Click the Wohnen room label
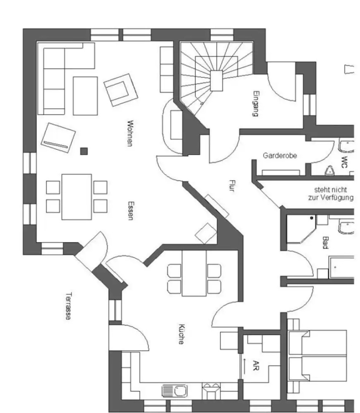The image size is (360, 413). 130,133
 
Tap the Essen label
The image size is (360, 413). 131,211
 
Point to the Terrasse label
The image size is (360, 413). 68,306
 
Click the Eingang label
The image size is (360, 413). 256,104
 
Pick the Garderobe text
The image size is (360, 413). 280,156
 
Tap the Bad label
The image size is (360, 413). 326,242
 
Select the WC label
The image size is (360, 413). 344,160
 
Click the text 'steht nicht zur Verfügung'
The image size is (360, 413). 330,193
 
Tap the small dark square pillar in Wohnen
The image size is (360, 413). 84,151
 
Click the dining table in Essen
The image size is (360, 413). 77,197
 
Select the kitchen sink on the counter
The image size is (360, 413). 175,391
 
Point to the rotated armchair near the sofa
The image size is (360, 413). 120,90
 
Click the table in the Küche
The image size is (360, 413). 194,273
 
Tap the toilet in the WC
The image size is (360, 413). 329,170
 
